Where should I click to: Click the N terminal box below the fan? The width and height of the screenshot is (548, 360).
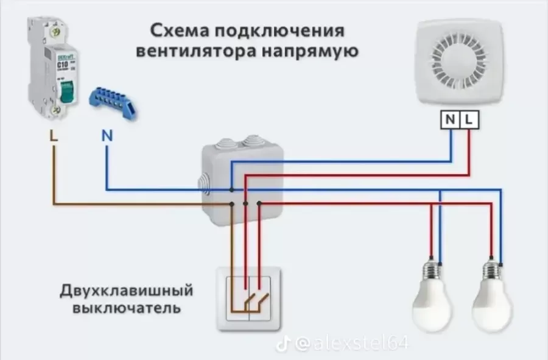pyautogui.click(x=450, y=120)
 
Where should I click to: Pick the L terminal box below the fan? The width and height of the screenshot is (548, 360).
pyautogui.click(x=469, y=120)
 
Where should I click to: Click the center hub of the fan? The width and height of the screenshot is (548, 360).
pyautogui.click(x=460, y=60)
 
